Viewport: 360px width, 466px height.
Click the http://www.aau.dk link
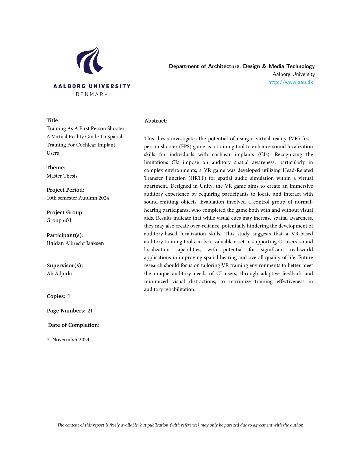[291, 82]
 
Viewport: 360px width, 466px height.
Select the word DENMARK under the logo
[92, 94]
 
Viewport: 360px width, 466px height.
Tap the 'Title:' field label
[53, 121]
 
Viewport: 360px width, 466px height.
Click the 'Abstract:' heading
[156, 121]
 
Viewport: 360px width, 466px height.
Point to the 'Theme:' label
[56, 168]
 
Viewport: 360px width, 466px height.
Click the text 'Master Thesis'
[62, 176]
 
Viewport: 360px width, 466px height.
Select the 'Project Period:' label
[66, 190]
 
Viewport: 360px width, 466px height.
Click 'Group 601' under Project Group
[59, 220]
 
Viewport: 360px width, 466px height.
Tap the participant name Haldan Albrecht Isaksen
[75, 243]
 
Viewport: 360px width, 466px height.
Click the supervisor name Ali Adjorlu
[59, 274]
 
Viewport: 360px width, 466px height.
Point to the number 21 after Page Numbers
[90, 311]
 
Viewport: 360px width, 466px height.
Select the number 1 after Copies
[69, 296]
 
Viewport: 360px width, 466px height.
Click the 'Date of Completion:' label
[74, 325]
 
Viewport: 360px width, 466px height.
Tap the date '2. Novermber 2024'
[68, 340]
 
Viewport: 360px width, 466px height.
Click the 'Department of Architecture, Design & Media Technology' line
[242, 66]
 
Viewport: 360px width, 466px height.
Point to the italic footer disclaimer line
[180, 425]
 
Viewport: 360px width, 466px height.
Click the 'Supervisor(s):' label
[65, 266]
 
